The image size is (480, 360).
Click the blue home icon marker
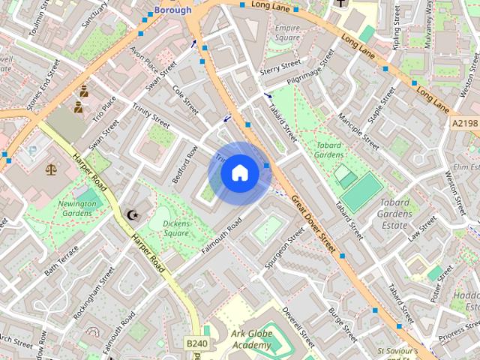tap(239, 173)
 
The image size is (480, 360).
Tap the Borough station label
tap(172, 10)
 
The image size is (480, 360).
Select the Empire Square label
tap(287, 33)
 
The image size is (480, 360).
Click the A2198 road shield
tap(465, 122)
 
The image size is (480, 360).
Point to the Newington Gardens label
tap(76, 208)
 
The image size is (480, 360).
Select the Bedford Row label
tap(184, 163)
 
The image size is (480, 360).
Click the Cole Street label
tap(185, 100)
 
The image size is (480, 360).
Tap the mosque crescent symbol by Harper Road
tap(133, 215)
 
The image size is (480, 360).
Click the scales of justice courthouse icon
tap(51, 170)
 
